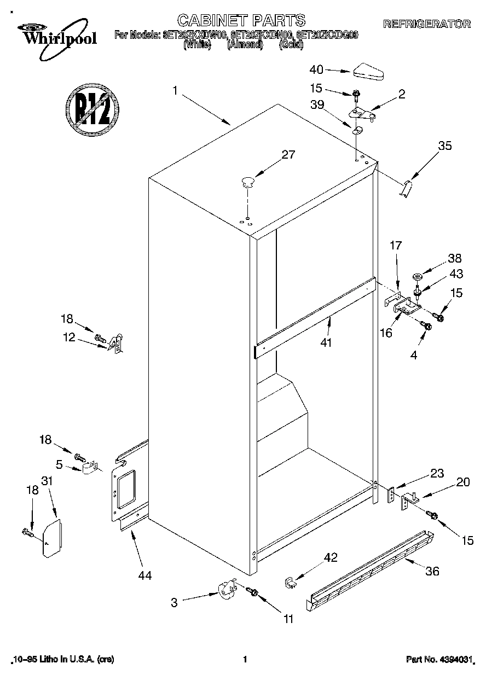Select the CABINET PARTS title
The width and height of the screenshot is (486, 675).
click(241, 21)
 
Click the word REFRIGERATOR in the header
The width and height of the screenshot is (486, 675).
click(426, 24)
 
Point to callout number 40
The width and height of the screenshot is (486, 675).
click(316, 69)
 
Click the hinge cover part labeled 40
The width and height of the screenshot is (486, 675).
click(369, 71)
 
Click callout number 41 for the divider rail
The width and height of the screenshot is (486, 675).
click(327, 342)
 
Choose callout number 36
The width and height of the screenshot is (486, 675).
click(432, 571)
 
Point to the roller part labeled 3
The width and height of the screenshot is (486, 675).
click(225, 591)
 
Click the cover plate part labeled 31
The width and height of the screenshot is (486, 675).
click(51, 538)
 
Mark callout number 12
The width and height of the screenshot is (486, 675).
click(69, 337)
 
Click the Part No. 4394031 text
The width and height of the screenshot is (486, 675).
click(438, 660)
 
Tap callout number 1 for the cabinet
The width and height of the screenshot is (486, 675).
click(175, 91)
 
